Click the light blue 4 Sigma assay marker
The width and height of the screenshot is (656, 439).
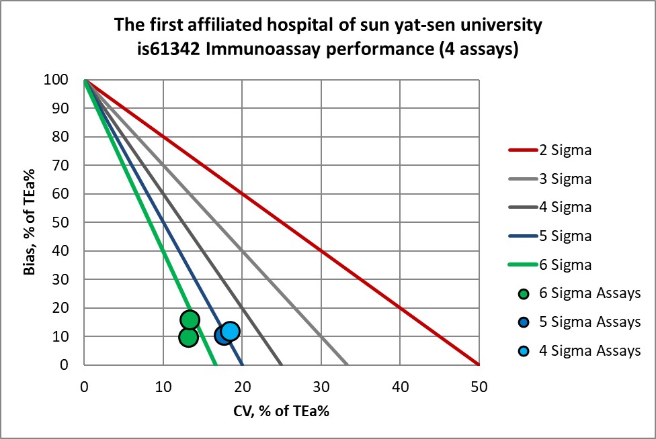coord(230,331)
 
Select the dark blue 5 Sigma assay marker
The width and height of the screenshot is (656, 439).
coord(224,335)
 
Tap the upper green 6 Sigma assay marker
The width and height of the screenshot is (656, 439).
coord(190,320)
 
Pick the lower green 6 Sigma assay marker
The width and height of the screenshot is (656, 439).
coord(188,337)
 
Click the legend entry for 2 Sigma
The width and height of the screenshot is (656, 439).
coord(565,150)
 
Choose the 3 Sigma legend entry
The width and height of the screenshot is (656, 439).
coord(565,179)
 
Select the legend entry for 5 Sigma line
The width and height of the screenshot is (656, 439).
coord(565,236)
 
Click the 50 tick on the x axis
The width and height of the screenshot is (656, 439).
coord(479,387)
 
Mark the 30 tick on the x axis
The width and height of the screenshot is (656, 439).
coord(321,387)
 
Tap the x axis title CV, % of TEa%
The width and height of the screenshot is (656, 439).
coord(280,411)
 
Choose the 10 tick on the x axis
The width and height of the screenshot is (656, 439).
coord(163,387)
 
